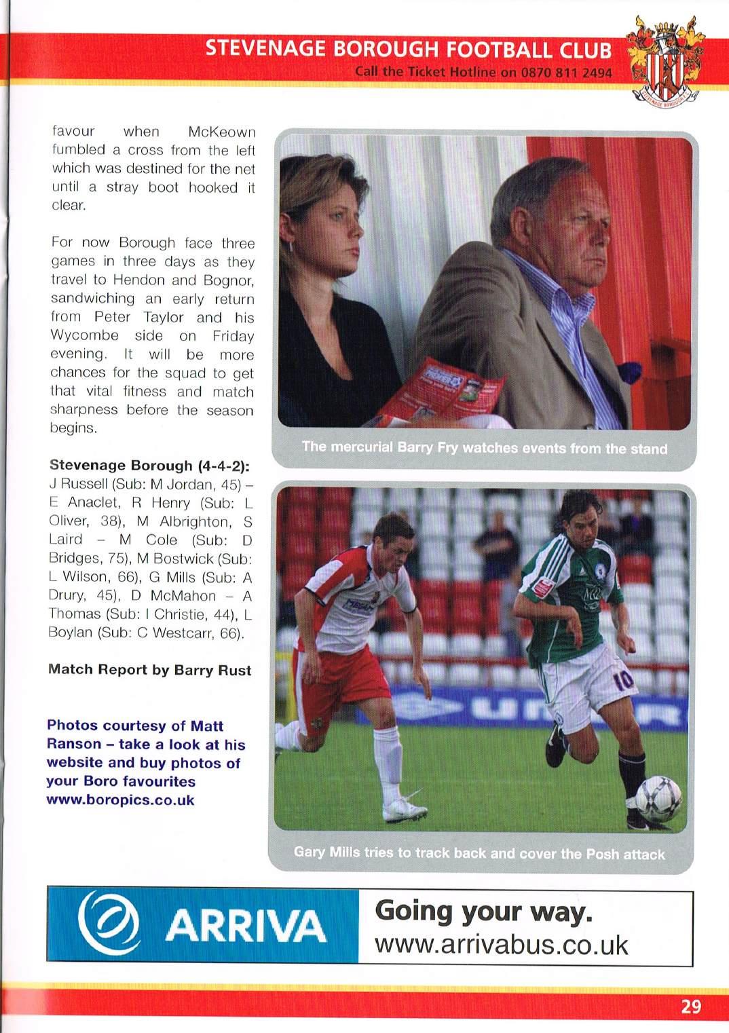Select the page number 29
click(x=690, y=1006)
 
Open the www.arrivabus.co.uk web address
click(x=501, y=945)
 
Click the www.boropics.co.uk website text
click(x=120, y=800)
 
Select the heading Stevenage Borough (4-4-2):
click(x=149, y=466)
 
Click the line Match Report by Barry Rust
click(x=149, y=670)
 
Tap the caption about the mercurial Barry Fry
click(x=484, y=447)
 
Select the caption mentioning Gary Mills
click(x=479, y=853)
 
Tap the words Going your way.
click(x=483, y=911)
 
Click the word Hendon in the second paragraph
click(x=138, y=280)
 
